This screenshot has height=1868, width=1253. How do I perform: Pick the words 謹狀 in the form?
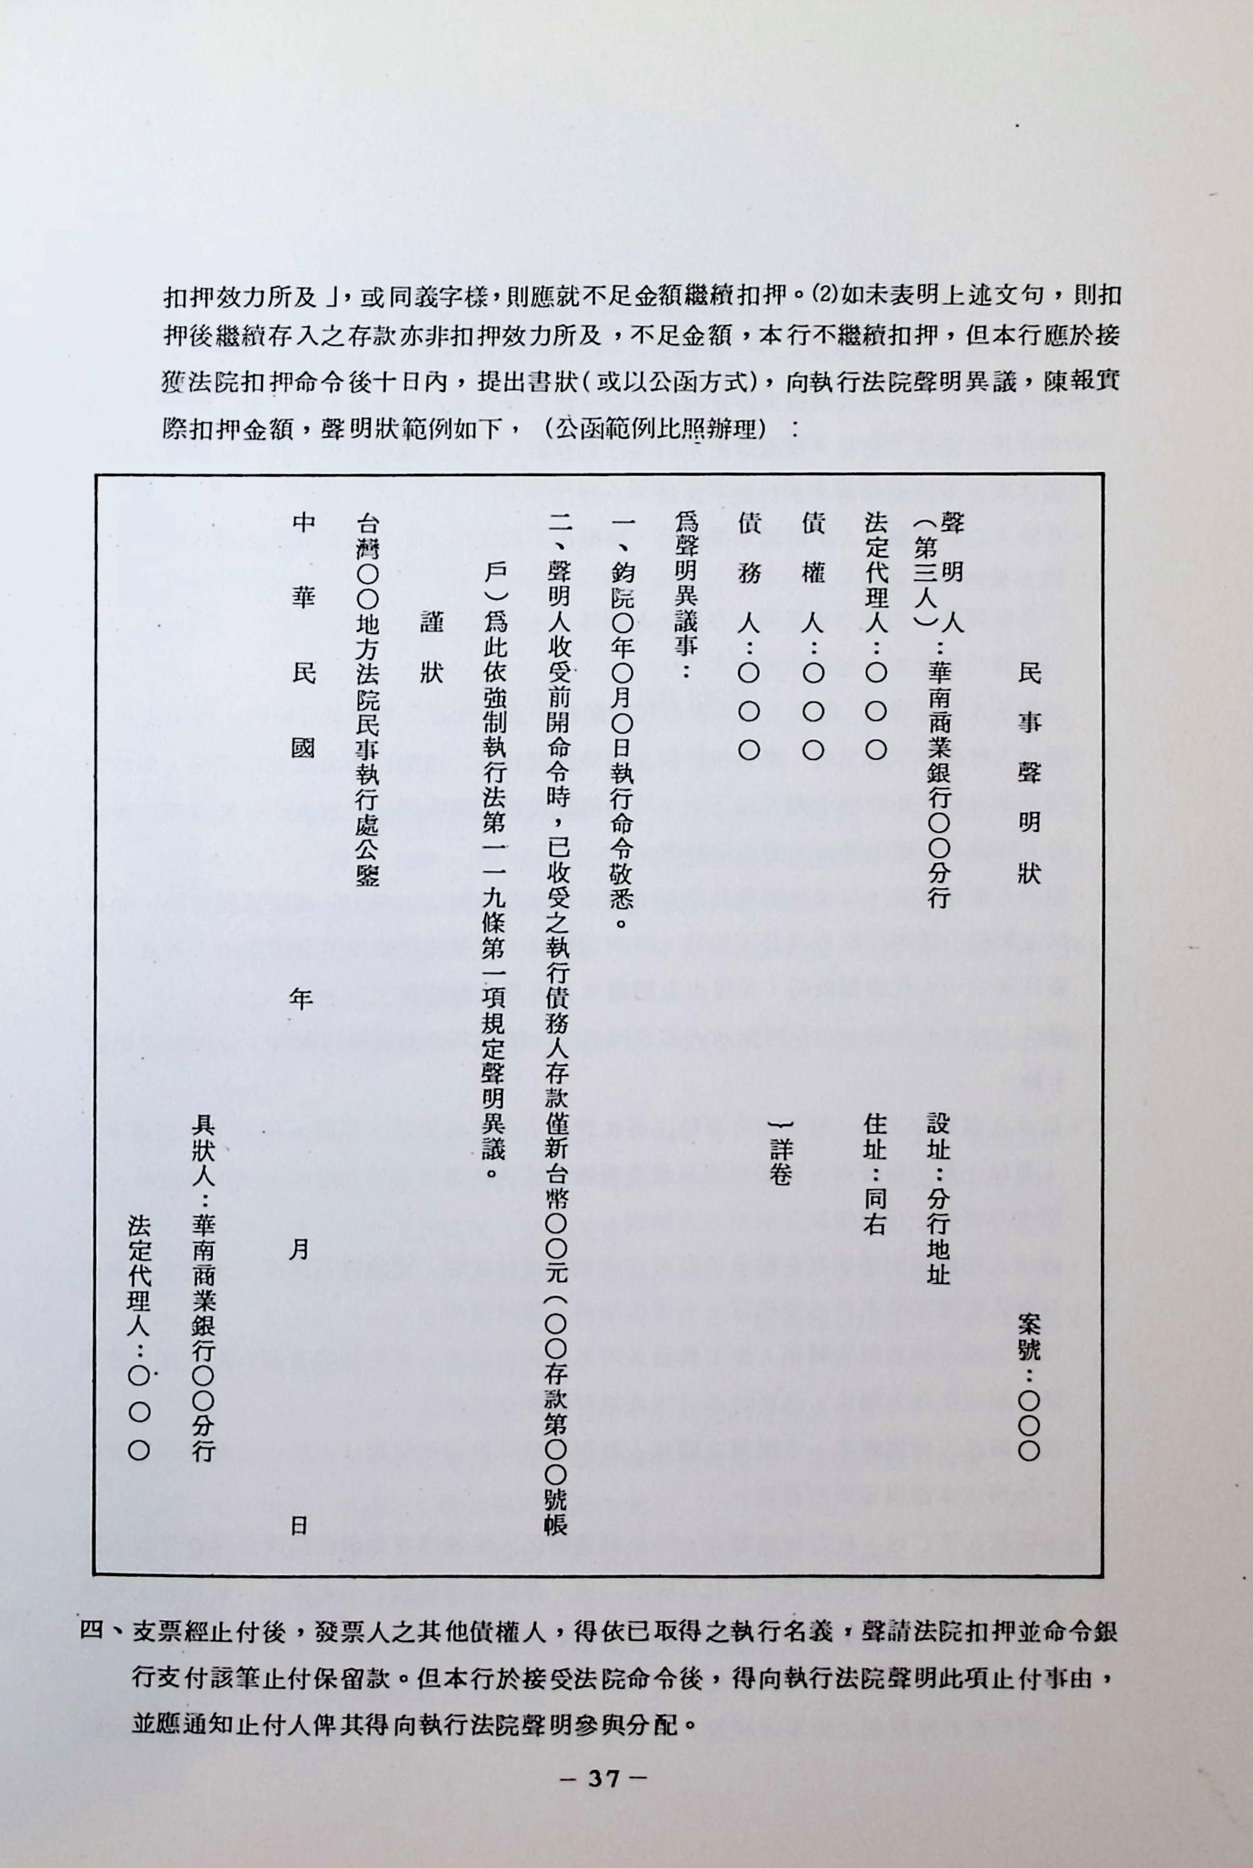click(x=432, y=647)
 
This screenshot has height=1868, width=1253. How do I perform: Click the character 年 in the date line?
click(x=300, y=998)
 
